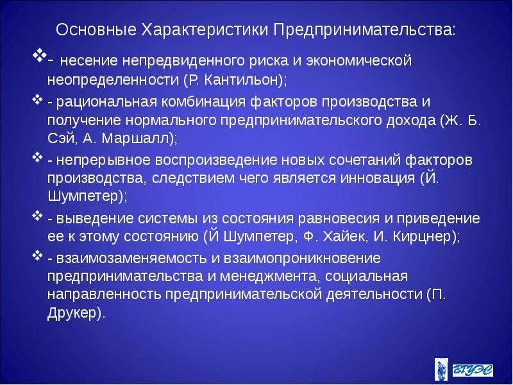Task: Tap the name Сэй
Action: pyautogui.click(x=61, y=138)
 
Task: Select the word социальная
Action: pyautogui.click(x=366, y=277)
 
